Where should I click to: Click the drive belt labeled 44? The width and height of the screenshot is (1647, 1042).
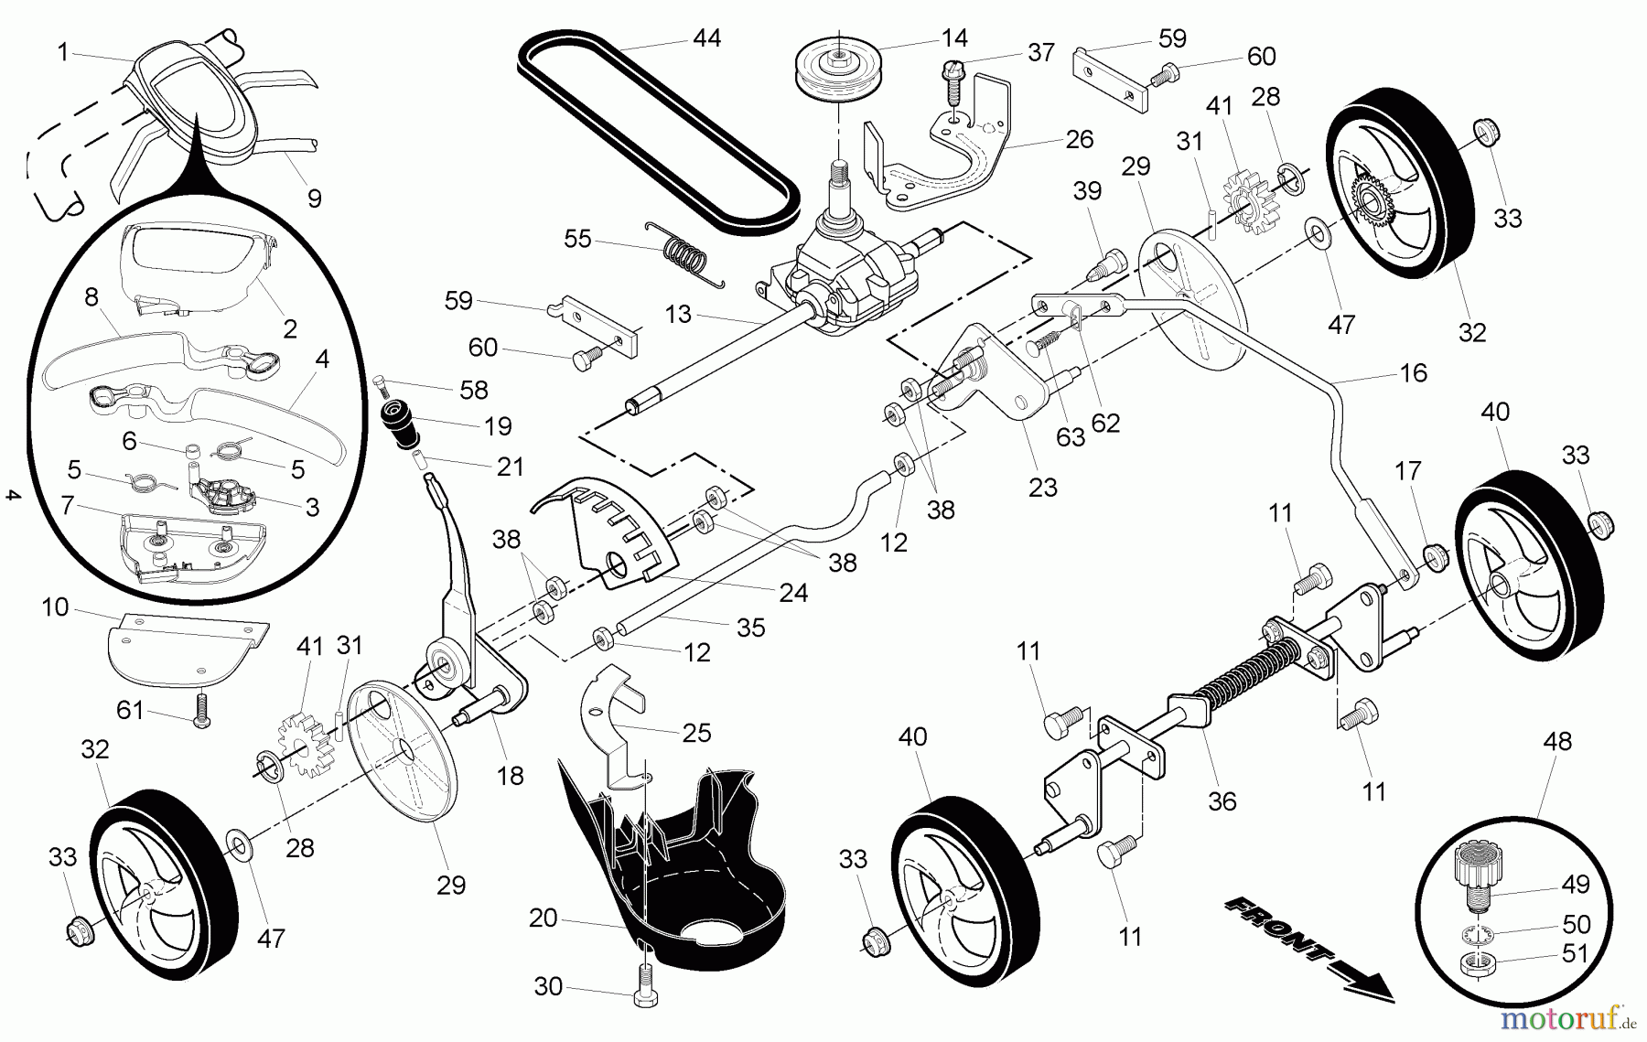tap(659, 128)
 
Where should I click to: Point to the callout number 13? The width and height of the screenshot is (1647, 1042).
tap(678, 315)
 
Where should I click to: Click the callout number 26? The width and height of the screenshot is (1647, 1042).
tap(1080, 139)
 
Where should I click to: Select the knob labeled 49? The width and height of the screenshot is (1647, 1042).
tap(1474, 869)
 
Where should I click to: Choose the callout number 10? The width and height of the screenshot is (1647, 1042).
tap(55, 607)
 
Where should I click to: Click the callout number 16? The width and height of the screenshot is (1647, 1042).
tap(1413, 372)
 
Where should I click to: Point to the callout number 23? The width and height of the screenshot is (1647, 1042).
tap(1042, 487)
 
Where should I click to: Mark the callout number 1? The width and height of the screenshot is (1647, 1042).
tap(62, 53)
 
